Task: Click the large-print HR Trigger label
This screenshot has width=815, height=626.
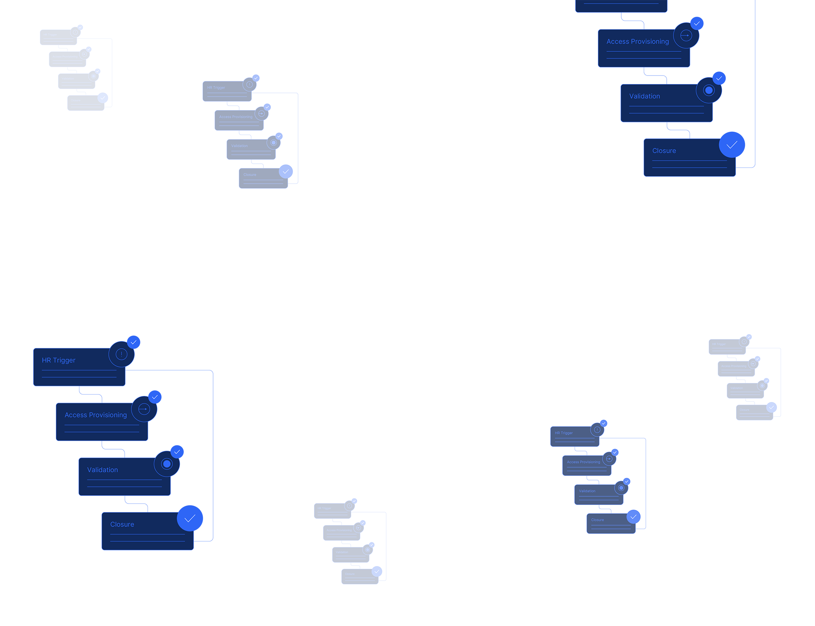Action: point(58,360)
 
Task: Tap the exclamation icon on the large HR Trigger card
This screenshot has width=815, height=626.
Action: point(121,354)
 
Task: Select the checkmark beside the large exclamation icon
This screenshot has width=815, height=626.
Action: point(133,342)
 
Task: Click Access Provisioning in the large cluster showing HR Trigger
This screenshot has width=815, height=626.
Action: point(95,415)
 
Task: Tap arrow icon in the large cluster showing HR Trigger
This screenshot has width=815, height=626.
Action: point(144,409)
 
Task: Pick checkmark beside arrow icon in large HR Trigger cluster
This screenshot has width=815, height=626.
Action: point(155,397)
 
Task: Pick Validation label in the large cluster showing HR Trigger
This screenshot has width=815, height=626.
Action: point(102,470)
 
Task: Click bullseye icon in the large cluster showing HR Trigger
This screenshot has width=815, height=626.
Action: point(167,463)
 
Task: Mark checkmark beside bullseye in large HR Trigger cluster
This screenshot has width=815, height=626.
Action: point(177,451)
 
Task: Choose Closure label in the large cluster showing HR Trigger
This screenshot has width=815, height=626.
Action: point(122,524)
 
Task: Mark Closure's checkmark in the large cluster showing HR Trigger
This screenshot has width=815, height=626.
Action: point(190,518)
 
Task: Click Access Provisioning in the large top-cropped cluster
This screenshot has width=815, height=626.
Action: point(637,41)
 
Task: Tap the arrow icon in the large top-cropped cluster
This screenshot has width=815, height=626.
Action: point(686,35)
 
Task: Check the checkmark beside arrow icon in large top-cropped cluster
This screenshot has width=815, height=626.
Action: point(697,23)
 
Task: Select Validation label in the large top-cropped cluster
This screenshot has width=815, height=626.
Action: point(644,96)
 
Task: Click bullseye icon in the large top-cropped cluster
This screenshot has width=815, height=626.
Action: point(708,90)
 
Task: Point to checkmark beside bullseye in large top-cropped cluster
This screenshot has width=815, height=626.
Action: point(719,78)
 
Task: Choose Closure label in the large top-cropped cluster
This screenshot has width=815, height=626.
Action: point(664,150)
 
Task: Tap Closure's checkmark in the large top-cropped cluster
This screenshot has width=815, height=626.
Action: point(732,144)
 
